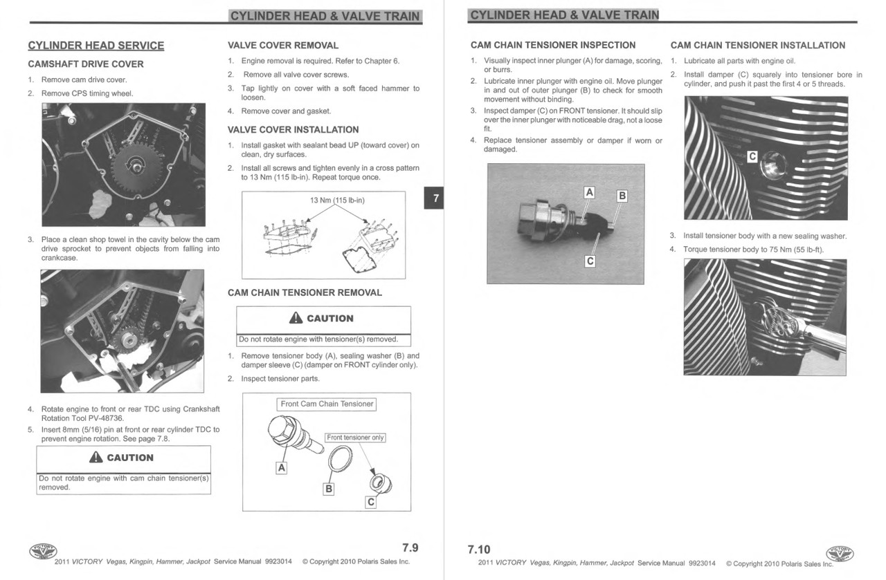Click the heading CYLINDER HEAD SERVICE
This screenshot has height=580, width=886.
(x=96, y=46)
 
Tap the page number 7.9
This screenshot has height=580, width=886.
(x=410, y=548)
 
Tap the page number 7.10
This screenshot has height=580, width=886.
(x=479, y=550)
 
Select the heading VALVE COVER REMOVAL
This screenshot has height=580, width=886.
(x=283, y=46)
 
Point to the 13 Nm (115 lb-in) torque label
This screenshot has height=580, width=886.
(x=337, y=200)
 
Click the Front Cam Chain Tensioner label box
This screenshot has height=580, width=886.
(x=327, y=404)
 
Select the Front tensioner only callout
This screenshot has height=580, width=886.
(x=356, y=438)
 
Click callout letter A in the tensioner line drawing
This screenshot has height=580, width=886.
(x=281, y=468)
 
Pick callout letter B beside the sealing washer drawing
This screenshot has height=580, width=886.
(x=329, y=489)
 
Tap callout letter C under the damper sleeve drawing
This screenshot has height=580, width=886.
(x=370, y=503)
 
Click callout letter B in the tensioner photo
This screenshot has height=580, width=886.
(x=622, y=196)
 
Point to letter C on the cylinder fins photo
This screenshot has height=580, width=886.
(x=753, y=156)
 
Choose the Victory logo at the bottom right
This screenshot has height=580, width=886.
(x=840, y=554)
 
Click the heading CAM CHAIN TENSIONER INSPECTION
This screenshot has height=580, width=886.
(x=553, y=46)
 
